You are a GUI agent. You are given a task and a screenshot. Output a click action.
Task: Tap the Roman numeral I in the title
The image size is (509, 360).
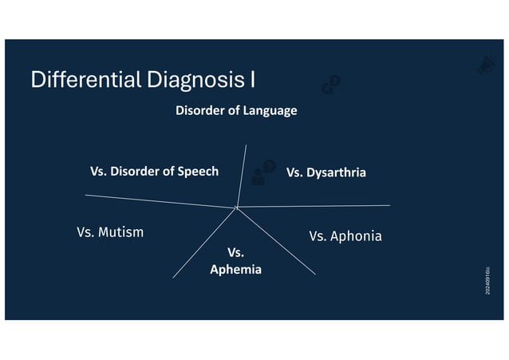pos(252,80)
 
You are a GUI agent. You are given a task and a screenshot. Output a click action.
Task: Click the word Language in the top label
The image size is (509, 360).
pos(270,110)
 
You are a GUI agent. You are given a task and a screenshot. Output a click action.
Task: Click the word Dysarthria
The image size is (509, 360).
pos(337,172)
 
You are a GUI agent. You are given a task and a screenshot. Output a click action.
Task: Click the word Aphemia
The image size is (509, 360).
pos(235,269)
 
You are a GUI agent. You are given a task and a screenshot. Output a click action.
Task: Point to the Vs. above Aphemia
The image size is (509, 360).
pos(235,253)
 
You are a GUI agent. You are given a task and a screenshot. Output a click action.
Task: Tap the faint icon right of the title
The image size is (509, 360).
pos(331,85)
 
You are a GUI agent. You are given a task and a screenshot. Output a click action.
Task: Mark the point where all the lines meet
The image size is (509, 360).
pos(236,208)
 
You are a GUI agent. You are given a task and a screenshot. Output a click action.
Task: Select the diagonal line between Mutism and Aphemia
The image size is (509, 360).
pos(204,243)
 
